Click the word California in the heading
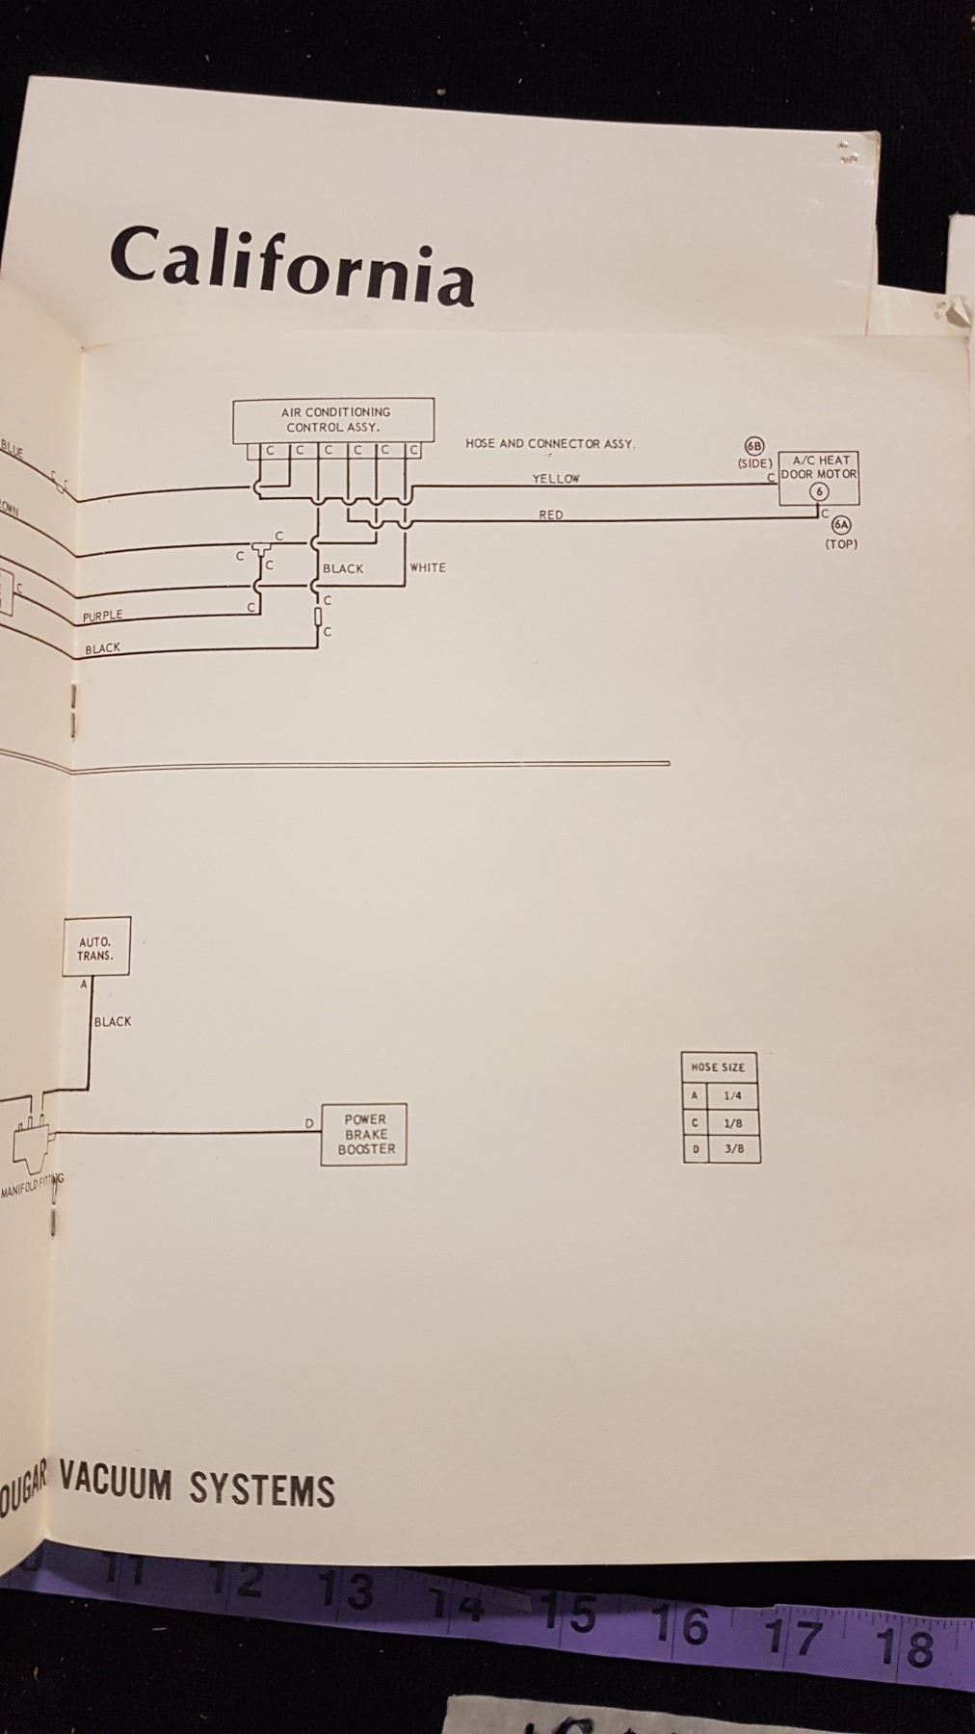pyautogui.click(x=291, y=264)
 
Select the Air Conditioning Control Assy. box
pyautogui.click(x=333, y=420)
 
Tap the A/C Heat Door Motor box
pyautogui.click(x=819, y=478)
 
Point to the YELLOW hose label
pyautogui.click(x=556, y=479)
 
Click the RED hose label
pyautogui.click(x=550, y=515)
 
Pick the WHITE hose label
pyautogui.click(x=428, y=568)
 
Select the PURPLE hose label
pyautogui.click(x=102, y=616)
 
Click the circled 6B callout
pyautogui.click(x=754, y=446)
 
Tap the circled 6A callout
pyautogui.click(x=841, y=525)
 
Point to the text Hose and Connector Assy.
pyautogui.click(x=549, y=444)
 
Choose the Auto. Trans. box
pyautogui.click(x=95, y=948)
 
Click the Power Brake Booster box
pyautogui.click(x=364, y=1134)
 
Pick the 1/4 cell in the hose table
pyautogui.click(x=732, y=1095)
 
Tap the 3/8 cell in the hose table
pyautogui.click(x=733, y=1148)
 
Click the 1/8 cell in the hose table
pyautogui.click(x=732, y=1122)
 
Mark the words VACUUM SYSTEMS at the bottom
pyautogui.click(x=197, y=1488)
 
